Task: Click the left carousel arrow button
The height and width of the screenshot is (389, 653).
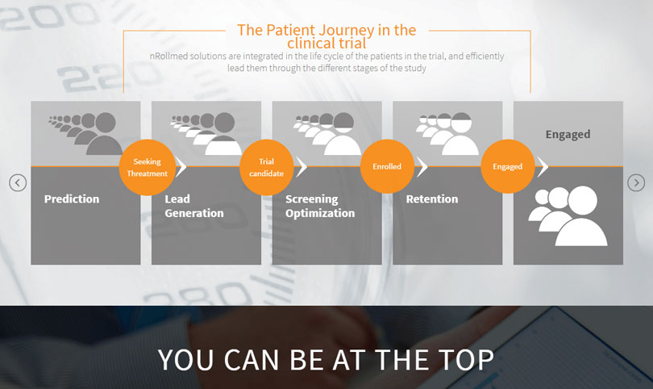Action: tap(18, 182)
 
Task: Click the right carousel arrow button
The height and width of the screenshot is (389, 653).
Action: tap(636, 182)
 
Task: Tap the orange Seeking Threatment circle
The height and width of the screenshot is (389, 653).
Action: tap(147, 167)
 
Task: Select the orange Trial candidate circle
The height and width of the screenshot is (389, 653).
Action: tap(267, 167)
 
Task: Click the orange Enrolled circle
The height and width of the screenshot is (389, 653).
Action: tap(387, 166)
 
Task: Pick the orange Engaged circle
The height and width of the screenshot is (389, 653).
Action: tap(508, 166)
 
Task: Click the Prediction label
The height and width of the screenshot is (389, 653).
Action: tap(72, 199)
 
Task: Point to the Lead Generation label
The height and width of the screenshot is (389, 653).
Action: tap(194, 206)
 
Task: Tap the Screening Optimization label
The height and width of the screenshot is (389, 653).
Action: tap(320, 206)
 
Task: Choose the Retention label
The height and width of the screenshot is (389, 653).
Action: tap(432, 199)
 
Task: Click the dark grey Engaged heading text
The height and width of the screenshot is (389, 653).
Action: tap(568, 134)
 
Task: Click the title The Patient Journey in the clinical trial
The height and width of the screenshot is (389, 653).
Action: tap(326, 36)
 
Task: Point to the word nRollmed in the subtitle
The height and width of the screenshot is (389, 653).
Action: tap(168, 56)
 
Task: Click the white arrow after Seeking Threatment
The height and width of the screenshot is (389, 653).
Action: tap(181, 166)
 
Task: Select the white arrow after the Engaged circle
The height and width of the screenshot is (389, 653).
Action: tap(543, 166)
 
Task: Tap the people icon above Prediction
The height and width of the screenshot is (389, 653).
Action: tap(85, 133)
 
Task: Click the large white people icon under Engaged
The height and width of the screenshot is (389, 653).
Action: tap(568, 215)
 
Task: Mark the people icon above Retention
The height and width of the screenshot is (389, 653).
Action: tap(447, 133)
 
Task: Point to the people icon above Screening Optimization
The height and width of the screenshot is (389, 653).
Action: tap(327, 133)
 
